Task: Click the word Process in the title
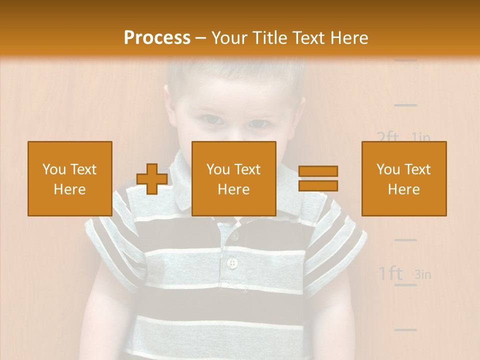[x=157, y=38]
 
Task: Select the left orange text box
[x=70, y=178]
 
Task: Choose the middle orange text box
[x=234, y=178]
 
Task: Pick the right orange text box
[x=404, y=178]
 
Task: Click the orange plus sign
[x=152, y=179]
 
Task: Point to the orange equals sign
[x=318, y=178]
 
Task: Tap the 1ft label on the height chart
[x=390, y=273]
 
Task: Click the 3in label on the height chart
[x=423, y=274]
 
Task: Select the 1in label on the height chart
[x=421, y=137]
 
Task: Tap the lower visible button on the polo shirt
[x=231, y=262]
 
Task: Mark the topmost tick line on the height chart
[x=405, y=60]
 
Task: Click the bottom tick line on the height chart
[x=405, y=329]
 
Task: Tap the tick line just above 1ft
[x=405, y=240]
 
